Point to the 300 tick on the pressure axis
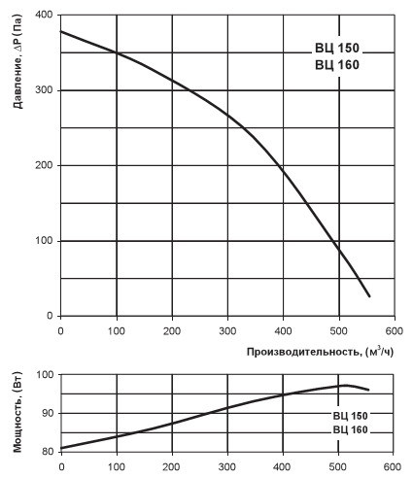tap(44, 90)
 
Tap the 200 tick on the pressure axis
tap(44, 165)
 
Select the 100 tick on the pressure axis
tap(44, 241)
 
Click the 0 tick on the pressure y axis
tap(50, 316)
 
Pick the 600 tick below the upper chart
tap(395, 331)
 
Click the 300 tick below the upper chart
tap(227, 331)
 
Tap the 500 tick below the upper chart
tap(339, 331)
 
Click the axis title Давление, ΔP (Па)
tap(18, 62)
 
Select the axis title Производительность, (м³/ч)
tap(320, 352)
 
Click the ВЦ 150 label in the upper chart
tap(337, 48)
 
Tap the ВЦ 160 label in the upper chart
tap(337, 65)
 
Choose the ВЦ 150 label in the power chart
tap(351, 416)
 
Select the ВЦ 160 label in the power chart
tap(351, 429)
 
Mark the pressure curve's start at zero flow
tap(61, 31)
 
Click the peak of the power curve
tap(346, 385)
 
